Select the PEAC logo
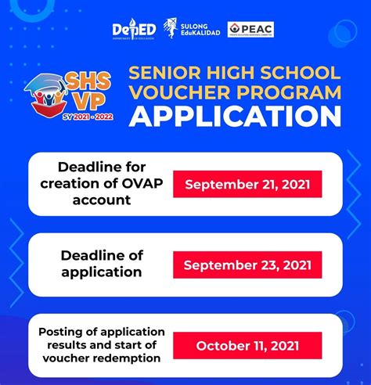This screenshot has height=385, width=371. [x=250, y=30]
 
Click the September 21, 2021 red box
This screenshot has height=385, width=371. [x=247, y=185]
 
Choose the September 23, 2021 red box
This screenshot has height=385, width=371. [x=247, y=264]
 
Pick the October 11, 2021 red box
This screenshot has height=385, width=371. [x=247, y=344]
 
